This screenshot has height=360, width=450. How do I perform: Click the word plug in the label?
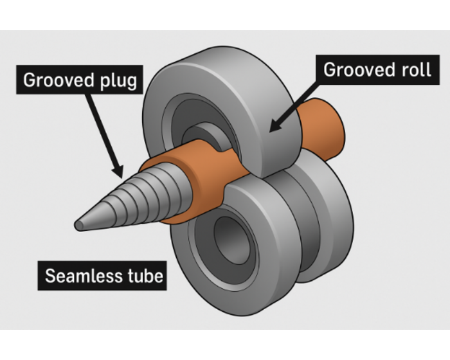pos(120,82)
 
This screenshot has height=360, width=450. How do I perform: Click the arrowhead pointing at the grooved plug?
pos(118,170)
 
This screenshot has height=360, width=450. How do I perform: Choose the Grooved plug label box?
pos(80,82)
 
